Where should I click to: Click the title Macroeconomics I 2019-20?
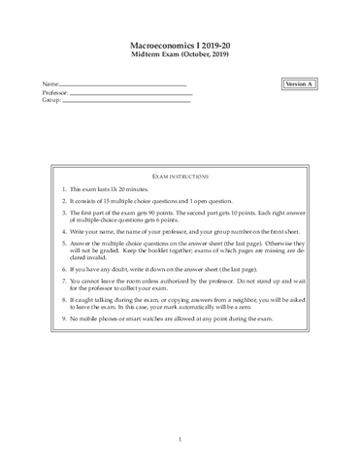pos(180,46)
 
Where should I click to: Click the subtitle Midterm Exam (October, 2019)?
pos(180,56)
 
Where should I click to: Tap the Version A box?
pos(299,85)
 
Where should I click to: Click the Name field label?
pos(50,85)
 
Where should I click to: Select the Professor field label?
pos(55,92)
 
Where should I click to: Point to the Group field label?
pos(51,100)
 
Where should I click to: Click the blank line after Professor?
pos(131,94)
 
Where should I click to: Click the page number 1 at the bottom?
pos(180,439)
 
